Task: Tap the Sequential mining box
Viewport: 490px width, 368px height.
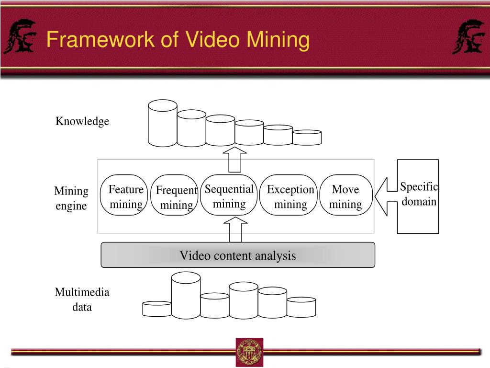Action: pyautogui.click(x=229, y=195)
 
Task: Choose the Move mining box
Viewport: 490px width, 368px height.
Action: pyautogui.click(x=345, y=195)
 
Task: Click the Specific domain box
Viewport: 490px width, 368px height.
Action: pyautogui.click(x=418, y=196)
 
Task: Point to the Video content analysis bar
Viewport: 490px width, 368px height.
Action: pyautogui.click(x=238, y=255)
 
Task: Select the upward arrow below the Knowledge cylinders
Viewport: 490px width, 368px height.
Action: pyautogui.click(x=235, y=159)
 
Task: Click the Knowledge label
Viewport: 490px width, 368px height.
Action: pyautogui.click(x=82, y=121)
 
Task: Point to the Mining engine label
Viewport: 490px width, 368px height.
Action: pyautogui.click(x=71, y=198)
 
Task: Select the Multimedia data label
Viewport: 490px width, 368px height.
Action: pyautogui.click(x=82, y=299)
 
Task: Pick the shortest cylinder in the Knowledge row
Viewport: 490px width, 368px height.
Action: pyautogui.click(x=307, y=138)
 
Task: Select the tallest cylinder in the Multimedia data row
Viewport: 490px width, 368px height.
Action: pyautogui.click(x=186, y=296)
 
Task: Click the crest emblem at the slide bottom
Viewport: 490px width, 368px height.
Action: pyautogui.click(x=249, y=352)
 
